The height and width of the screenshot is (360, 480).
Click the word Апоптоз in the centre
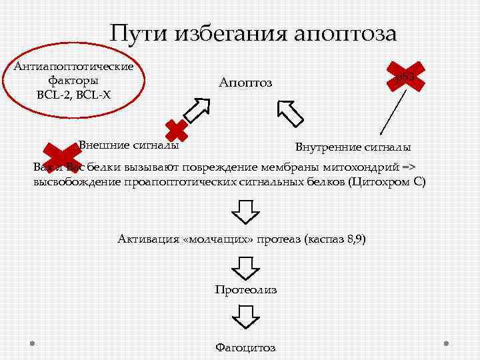coord(245,83)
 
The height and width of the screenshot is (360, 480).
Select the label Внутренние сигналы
coord(353,147)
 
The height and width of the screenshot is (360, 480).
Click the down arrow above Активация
coord(245,211)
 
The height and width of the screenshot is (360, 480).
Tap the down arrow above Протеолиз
coord(245,267)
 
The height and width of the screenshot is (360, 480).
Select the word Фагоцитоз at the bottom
coord(245,347)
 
